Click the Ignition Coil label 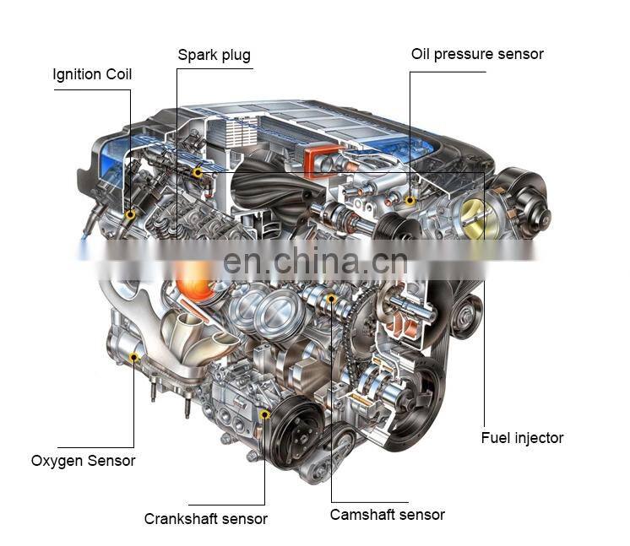coord(92,74)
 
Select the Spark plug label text coord(215,55)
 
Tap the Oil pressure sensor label coord(477,54)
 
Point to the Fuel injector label coord(522,438)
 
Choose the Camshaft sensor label coord(388,515)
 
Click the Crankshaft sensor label coord(206,519)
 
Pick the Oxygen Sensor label coord(83,461)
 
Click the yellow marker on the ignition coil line coord(130,215)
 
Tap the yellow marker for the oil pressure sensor coord(410,200)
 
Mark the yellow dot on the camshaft coord(331,298)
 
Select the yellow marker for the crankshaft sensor coord(264,414)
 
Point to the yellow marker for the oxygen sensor coord(133,357)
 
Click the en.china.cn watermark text coord(315,262)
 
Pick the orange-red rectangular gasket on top coord(322,160)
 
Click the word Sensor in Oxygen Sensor coord(111,461)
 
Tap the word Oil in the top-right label coord(421,54)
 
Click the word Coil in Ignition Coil coord(118,74)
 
